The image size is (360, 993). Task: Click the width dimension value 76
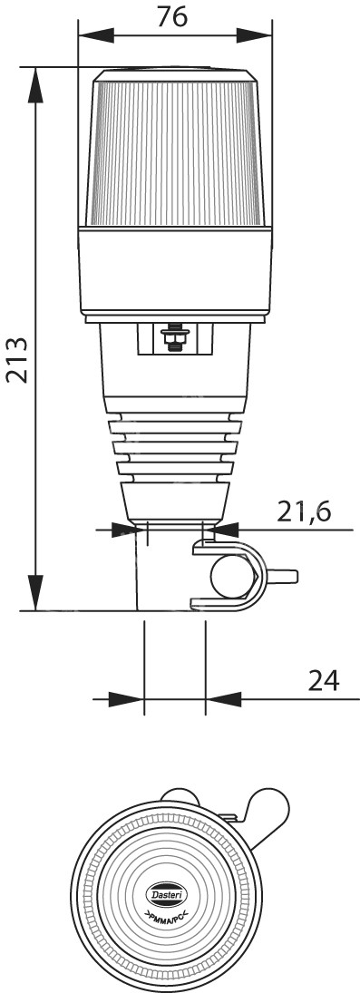pos(171,16)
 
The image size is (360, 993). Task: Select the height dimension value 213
pos(17,360)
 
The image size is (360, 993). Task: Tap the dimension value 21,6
pos(304,511)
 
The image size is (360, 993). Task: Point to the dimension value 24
pos(323,681)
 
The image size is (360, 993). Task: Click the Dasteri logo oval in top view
pos(167,893)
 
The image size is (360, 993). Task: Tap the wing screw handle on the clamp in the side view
pos(282,576)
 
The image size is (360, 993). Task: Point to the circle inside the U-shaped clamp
pos(232,576)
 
